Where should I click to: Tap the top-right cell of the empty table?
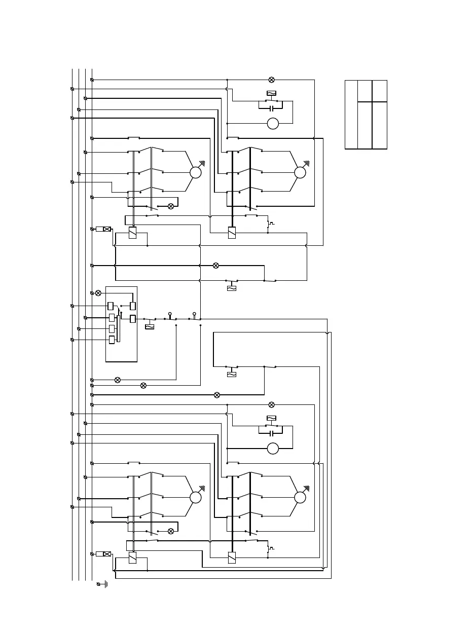[379, 91]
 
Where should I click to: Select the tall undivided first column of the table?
[351, 114]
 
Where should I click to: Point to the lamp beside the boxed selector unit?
[98, 293]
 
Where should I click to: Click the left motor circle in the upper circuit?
[196, 172]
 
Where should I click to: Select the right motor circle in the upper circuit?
[300, 172]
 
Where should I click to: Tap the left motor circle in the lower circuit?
[196, 498]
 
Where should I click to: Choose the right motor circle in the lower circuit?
[300, 498]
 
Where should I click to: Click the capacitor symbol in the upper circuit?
[272, 108]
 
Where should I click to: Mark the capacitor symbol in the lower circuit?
[272, 433]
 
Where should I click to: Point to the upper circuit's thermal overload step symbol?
[272, 223]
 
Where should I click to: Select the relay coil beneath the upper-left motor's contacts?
[132, 233]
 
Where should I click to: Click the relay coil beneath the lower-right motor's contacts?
[232, 557]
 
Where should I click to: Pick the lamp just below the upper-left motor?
[171, 206]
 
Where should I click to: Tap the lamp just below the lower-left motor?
[171, 531]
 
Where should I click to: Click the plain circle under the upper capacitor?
[273, 123]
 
